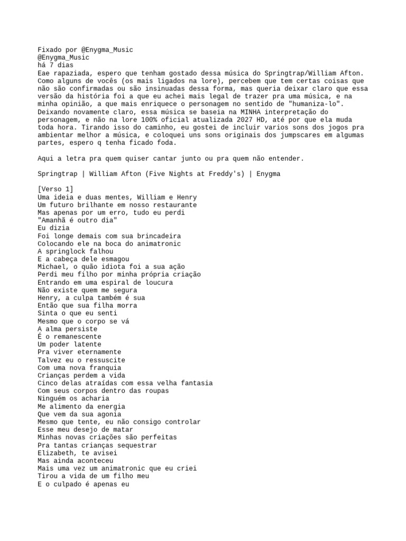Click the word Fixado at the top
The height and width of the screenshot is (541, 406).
pyautogui.click(x=50, y=50)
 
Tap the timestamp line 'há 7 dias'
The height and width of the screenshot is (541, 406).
pyautogui.click(x=56, y=65)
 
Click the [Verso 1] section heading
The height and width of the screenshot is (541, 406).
pyautogui.click(x=56, y=189)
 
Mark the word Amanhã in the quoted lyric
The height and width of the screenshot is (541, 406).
pyautogui.click(x=55, y=220)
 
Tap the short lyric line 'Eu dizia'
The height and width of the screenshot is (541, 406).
pyautogui.click(x=53, y=228)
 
